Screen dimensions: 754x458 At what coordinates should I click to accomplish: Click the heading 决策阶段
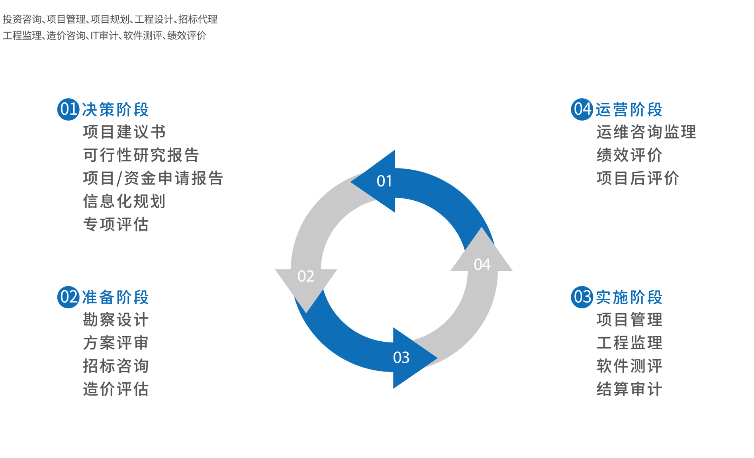coord(116,110)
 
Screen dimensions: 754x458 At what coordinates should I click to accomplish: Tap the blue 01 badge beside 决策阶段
coord(68,110)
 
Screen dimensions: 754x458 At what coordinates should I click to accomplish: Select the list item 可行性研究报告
coord(141,155)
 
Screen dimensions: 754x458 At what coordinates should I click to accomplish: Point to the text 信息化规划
coord(124,201)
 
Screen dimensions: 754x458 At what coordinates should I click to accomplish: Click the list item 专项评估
coord(116,224)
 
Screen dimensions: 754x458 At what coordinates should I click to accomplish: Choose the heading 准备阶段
coord(116,297)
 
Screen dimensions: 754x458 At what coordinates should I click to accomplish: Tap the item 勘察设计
coord(116,319)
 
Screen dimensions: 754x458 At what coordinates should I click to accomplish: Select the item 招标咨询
coord(116,366)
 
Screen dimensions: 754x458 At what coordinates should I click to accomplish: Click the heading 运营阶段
coord(629,110)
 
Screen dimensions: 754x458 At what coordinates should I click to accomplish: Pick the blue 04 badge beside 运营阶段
coord(582,110)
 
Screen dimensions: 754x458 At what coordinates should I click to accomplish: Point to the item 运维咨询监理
coord(646,132)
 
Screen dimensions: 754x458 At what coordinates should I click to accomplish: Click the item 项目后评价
coord(638,178)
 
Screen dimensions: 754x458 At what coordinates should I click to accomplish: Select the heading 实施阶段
coord(629,297)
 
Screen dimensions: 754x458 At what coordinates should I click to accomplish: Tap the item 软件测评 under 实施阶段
coord(629,366)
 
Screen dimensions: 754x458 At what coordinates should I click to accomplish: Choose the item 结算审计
coord(629,389)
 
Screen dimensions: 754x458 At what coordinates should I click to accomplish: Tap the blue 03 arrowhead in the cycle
coord(410,358)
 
